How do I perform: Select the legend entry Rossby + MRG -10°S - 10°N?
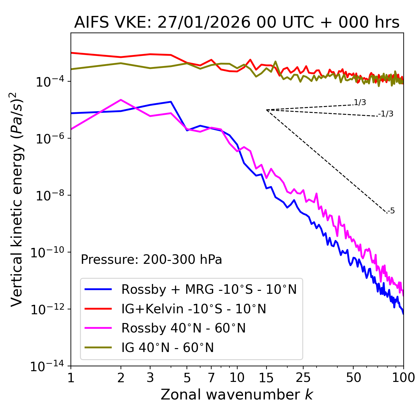point(209,289)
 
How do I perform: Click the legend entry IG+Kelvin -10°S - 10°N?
point(194,309)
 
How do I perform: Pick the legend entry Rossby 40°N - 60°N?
point(183,328)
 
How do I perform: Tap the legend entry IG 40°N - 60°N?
point(167,348)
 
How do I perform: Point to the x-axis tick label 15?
point(266,378)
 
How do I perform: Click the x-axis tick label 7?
point(211,378)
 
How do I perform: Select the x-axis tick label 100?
point(403,378)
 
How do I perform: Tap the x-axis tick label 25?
point(303,378)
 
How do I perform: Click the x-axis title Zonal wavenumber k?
point(237,395)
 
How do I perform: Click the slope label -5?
point(392,211)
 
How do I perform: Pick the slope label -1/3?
point(386,114)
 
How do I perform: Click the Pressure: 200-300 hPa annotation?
point(151,260)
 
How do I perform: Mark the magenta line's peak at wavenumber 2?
point(121,100)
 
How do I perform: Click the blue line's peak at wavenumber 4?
point(171,102)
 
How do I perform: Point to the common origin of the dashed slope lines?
point(266,110)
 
